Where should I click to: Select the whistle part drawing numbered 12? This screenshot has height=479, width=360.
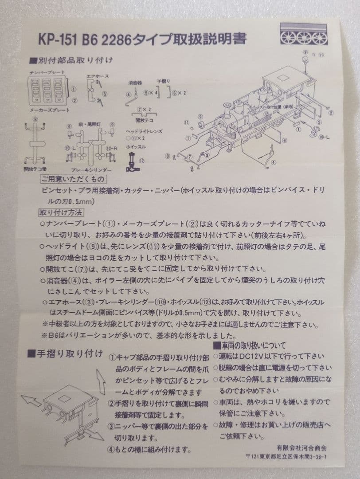[x=132, y=162]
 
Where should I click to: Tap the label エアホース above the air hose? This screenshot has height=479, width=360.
[x=97, y=76]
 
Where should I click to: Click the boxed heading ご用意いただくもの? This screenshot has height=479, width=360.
[x=73, y=179]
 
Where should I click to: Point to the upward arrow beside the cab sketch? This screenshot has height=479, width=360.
[x=101, y=380]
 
